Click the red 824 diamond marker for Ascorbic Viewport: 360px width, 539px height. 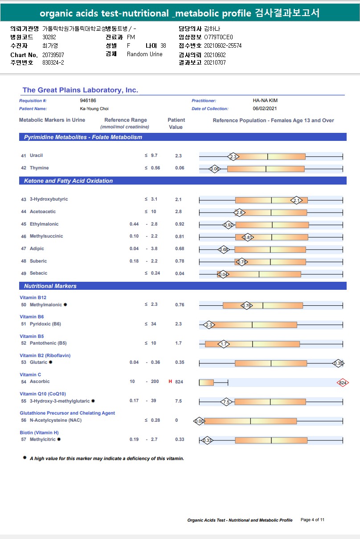[x=343, y=383]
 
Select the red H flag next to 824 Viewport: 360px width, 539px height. [x=170, y=382]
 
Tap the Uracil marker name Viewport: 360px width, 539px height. [x=36, y=156]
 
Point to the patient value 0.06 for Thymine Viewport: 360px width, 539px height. [x=180, y=168]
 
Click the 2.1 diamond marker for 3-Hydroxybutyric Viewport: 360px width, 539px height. [x=297, y=200]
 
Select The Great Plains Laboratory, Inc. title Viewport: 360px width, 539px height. [x=80, y=90]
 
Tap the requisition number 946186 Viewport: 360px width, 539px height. [x=88, y=101]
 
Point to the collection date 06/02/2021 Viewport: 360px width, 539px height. [x=265, y=109]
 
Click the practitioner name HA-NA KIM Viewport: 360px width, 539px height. [x=265, y=101]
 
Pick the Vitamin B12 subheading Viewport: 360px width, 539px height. [x=33, y=297]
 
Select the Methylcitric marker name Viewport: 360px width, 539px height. [x=43, y=440]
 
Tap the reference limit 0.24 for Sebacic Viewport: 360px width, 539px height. [x=155, y=273]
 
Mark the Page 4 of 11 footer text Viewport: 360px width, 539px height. [x=313, y=520]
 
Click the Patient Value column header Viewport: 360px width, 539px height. [x=176, y=123]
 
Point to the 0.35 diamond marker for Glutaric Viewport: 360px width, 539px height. [x=338, y=363]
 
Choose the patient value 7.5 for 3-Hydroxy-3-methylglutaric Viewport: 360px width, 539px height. [x=179, y=401]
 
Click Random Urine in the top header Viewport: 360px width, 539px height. [x=145, y=54]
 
